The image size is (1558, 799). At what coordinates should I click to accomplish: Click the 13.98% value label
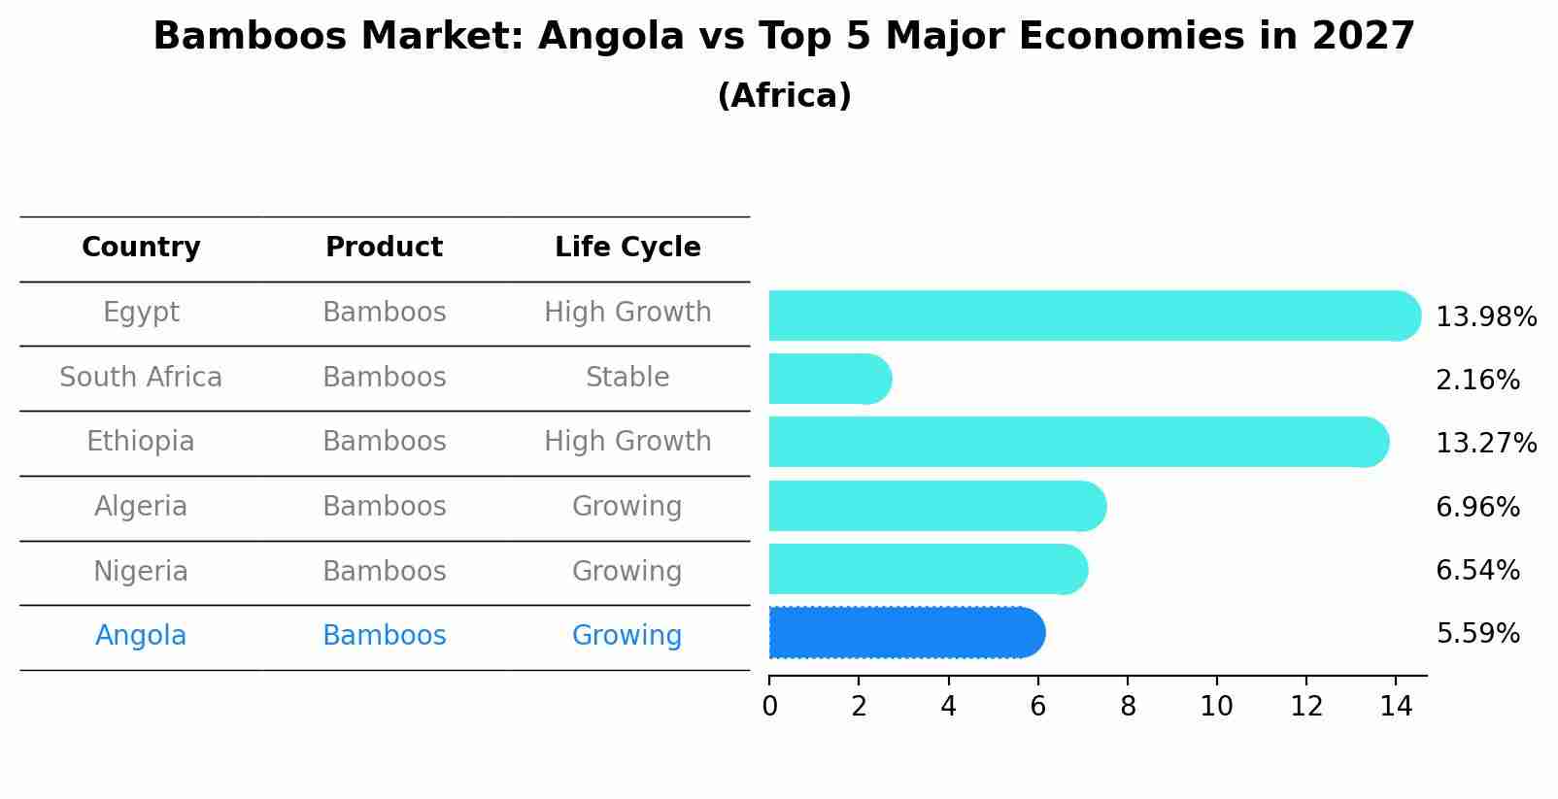tap(1485, 317)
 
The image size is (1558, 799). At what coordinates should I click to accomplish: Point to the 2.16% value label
tap(1476, 381)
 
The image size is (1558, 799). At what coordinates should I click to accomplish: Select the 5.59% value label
tap(1476, 634)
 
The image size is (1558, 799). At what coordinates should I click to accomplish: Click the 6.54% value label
tap(1476, 571)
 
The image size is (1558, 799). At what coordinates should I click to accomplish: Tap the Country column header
tap(141, 248)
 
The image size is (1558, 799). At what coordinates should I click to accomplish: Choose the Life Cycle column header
tap(627, 248)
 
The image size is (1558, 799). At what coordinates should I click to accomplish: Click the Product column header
tap(384, 248)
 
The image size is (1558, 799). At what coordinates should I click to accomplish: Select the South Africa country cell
tap(141, 377)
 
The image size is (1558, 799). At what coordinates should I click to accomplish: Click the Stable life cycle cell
tap(627, 377)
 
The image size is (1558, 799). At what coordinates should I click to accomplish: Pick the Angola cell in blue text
tap(141, 636)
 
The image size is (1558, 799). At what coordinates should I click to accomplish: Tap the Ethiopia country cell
tap(141, 442)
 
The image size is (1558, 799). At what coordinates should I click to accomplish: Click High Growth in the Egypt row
tap(627, 313)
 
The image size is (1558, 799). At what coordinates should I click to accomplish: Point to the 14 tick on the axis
tap(1396, 706)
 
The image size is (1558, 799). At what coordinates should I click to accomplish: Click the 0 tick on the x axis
tap(769, 706)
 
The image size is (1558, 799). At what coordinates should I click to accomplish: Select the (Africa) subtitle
tap(784, 96)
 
